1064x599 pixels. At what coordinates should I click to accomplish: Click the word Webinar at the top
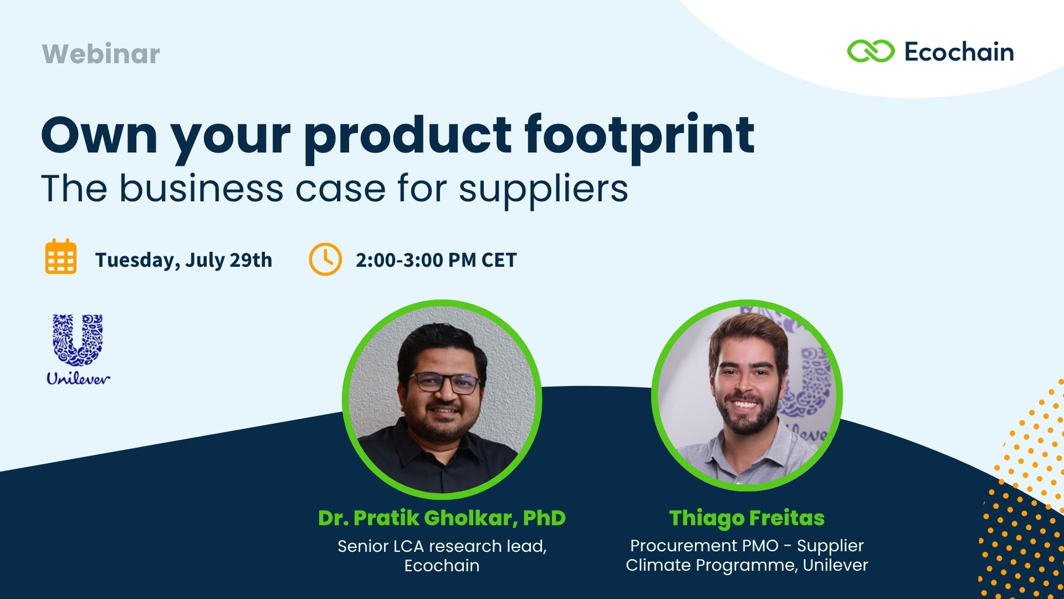(101, 54)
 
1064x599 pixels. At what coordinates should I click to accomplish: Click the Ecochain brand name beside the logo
(959, 52)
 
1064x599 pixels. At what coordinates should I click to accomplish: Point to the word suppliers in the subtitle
(544, 189)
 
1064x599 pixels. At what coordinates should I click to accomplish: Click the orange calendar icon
(61, 256)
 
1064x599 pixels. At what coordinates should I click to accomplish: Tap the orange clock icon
(325, 259)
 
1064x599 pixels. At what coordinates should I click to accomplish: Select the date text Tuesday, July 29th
(183, 260)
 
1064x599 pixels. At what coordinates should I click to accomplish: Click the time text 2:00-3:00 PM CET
(436, 260)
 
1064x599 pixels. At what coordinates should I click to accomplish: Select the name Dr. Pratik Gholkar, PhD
(442, 518)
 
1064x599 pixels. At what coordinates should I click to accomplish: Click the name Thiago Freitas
(747, 518)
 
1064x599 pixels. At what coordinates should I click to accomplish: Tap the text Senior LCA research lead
(442, 546)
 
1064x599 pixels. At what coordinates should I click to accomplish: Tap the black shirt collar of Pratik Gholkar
(438, 441)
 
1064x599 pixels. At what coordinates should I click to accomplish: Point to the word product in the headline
(407, 138)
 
